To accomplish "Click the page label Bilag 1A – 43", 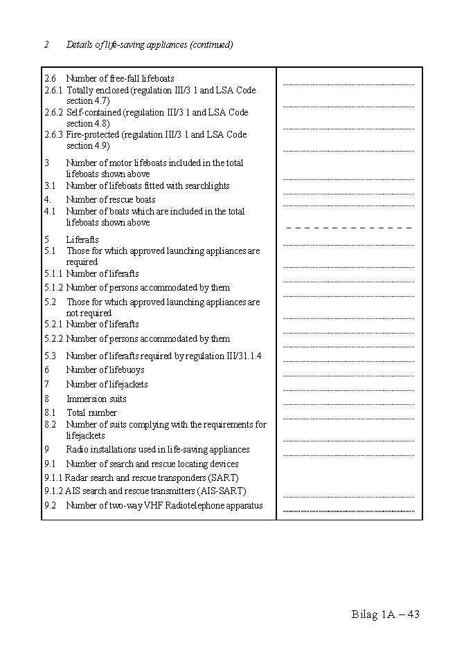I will point(386,614).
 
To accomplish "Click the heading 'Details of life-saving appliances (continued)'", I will point(150,45).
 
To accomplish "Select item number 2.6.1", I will point(53,91).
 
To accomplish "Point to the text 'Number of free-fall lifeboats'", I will point(120,79).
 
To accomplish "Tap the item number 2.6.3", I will point(53,135).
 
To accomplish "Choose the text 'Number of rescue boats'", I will point(111,200).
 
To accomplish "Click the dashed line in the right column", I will point(349,228).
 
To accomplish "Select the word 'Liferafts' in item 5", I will point(82,240).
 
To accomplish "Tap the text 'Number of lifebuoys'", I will point(105,370).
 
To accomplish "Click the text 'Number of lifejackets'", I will point(107,385).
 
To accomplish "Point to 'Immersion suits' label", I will point(96,399).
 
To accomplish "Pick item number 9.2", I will point(50,506).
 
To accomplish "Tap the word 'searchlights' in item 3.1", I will point(206,186).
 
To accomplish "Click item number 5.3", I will point(50,356).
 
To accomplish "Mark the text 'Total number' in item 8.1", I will point(91,413).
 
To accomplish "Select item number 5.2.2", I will point(53,339).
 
